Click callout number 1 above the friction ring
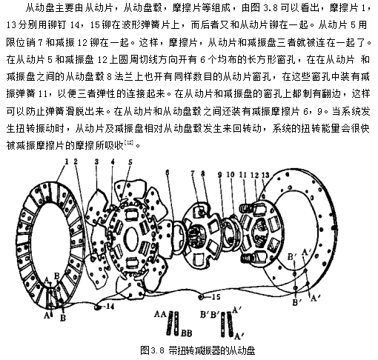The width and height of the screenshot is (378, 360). tap(67, 161)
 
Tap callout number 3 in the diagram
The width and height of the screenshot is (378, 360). tap(96, 161)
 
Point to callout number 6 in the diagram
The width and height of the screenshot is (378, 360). tap(168, 173)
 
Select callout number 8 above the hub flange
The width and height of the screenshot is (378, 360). tap(203, 173)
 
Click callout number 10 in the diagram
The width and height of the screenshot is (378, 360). tap(231, 175)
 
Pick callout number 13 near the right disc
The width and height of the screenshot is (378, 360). tap(265, 175)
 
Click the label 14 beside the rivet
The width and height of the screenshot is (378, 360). tap(110, 307)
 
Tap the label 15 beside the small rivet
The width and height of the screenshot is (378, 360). tap(216, 296)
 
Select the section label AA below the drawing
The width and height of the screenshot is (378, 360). tap(160, 314)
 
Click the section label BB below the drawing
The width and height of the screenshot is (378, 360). tap(186, 333)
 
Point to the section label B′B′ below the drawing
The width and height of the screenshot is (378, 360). tap(210, 314)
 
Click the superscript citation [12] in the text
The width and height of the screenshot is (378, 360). tap(129, 142)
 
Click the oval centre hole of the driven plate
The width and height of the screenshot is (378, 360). tap(130, 238)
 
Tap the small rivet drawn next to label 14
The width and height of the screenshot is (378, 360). tap(98, 307)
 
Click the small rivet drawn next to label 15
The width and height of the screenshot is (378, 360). tap(202, 296)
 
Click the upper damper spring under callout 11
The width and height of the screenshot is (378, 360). tap(247, 207)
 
